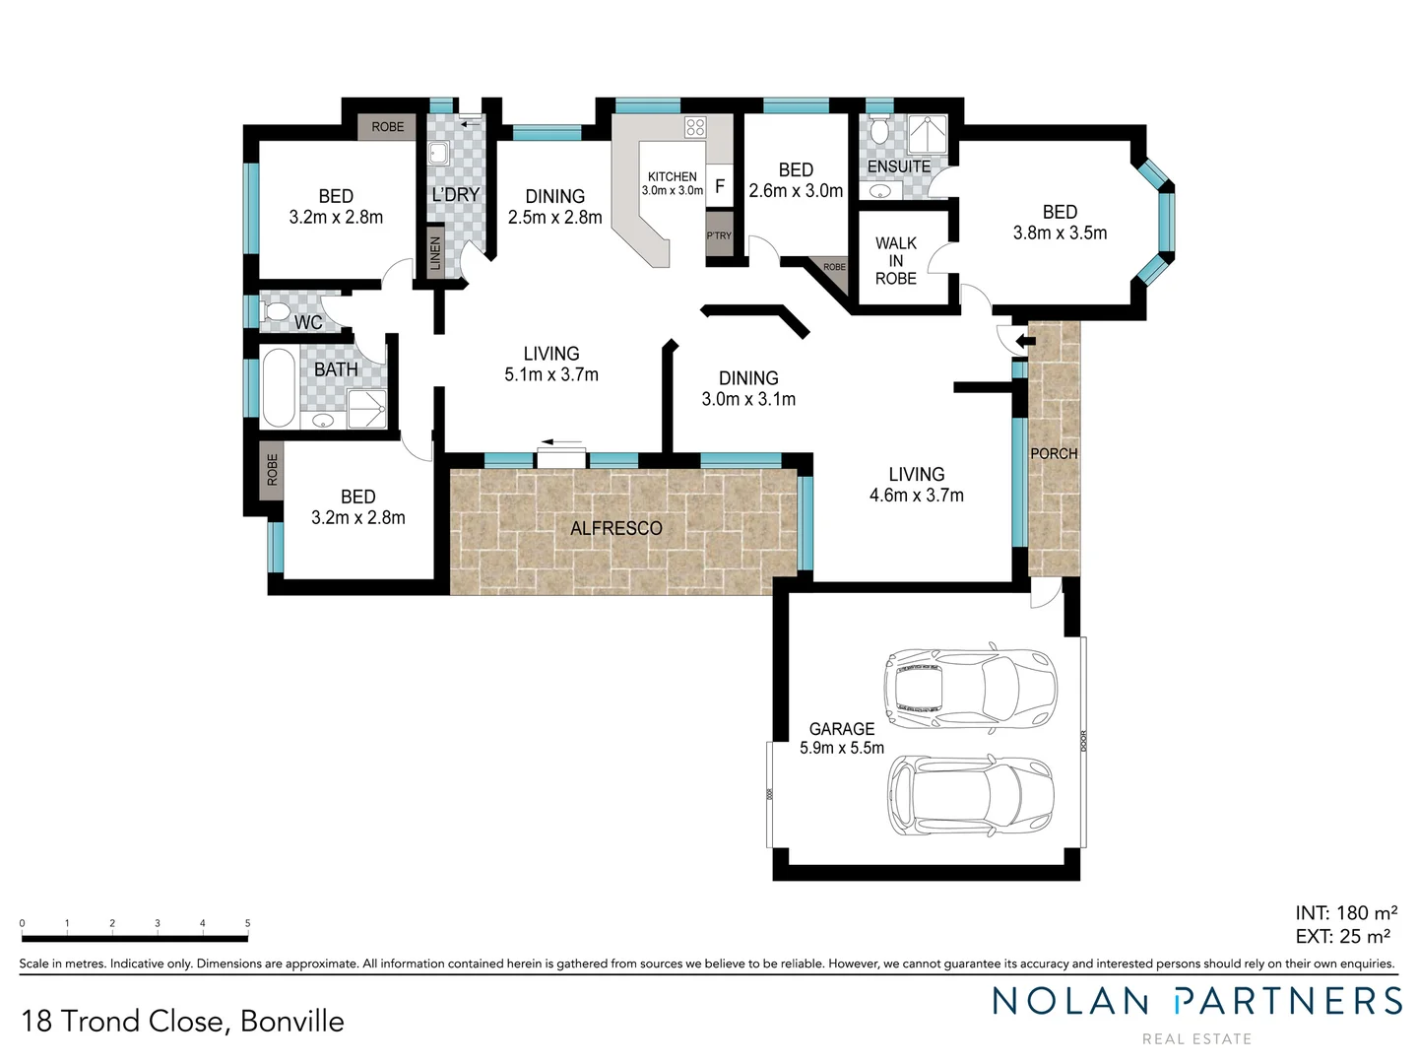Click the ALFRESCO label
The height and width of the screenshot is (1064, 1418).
click(615, 528)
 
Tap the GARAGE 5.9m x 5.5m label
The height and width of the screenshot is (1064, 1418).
click(842, 738)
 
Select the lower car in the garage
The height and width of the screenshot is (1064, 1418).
click(971, 795)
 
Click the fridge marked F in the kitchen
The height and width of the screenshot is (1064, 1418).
click(720, 186)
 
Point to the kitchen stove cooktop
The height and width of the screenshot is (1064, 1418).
click(695, 126)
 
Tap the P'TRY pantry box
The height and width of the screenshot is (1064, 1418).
click(719, 236)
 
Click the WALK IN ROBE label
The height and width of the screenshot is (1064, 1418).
click(896, 260)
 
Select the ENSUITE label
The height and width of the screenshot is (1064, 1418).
click(898, 166)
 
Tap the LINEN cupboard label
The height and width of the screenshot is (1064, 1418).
click(435, 253)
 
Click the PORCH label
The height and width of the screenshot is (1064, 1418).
click(1054, 453)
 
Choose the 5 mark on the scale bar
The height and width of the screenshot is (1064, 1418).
click(247, 924)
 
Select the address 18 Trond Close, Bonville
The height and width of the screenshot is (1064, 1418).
click(182, 1021)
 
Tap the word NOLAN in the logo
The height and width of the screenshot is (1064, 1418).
click(1070, 1001)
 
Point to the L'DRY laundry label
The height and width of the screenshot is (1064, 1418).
click(455, 195)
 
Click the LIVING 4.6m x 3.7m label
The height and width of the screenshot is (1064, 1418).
click(916, 485)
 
